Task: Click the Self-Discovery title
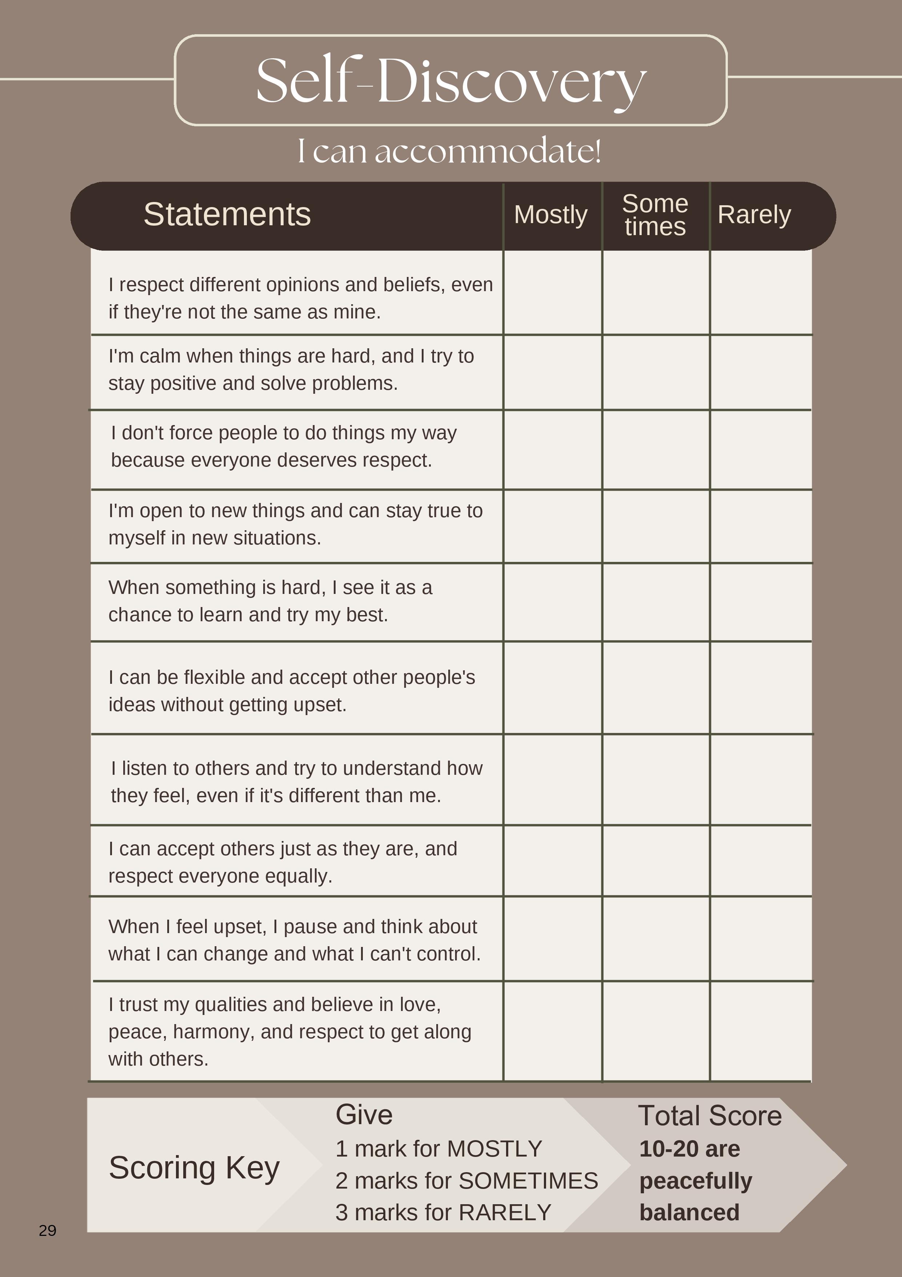point(451,81)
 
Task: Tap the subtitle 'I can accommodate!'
point(449,151)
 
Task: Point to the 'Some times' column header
point(655,215)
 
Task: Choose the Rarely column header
point(754,215)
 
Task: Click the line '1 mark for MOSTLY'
point(438,1149)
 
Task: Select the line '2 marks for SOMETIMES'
point(466,1180)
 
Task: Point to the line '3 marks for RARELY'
point(443,1212)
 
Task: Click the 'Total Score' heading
point(710,1116)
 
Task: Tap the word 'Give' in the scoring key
point(364,1115)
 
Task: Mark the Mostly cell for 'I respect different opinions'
point(552,293)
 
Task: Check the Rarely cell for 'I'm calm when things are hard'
point(760,372)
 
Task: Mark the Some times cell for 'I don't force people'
point(656,449)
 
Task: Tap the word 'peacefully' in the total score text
point(695,1180)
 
